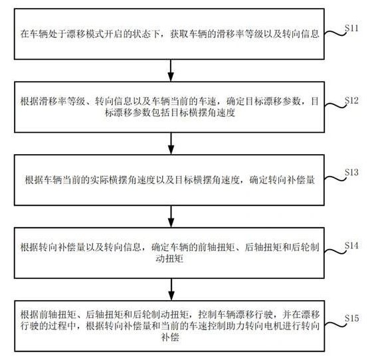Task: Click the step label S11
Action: pos(351,28)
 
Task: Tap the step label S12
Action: pos(351,100)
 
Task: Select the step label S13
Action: pos(351,172)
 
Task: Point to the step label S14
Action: pos(351,246)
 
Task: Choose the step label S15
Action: pos(351,318)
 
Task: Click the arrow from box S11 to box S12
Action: pos(171,70)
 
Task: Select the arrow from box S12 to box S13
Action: pos(171,143)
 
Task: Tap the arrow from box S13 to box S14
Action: pos(171,217)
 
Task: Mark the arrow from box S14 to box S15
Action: pos(171,290)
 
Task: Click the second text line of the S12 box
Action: pos(170,113)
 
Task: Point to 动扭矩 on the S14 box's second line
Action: pos(169,258)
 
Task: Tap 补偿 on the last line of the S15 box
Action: pos(170,337)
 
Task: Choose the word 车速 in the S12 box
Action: pos(207,102)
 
